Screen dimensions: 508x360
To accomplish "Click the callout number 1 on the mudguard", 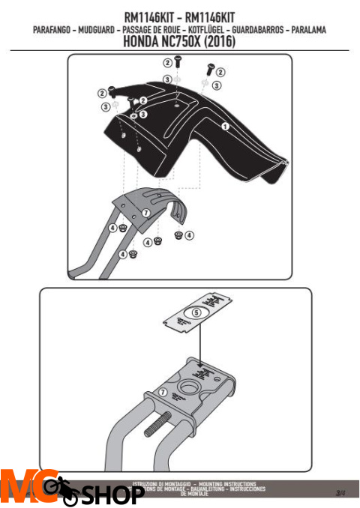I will pos(224,127).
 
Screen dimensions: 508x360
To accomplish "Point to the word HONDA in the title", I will pos(142,43).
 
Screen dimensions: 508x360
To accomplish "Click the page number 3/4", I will pos(340,492).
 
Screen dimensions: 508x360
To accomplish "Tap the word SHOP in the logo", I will pos(112,495).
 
